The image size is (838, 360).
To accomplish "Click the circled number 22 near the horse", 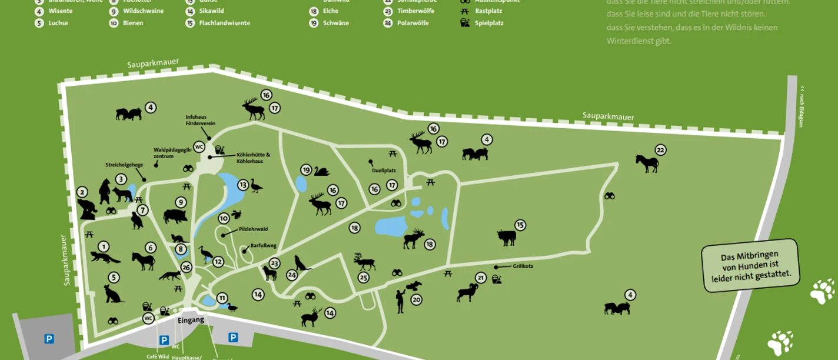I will click(x=660, y=150).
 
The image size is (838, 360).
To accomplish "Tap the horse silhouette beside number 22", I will click(x=647, y=163).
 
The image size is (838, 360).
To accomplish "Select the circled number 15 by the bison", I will click(x=520, y=225).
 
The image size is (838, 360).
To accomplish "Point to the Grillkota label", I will click(x=523, y=266).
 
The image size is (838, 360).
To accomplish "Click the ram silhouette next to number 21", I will click(x=467, y=292).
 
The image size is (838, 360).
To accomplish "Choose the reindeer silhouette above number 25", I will click(x=364, y=261).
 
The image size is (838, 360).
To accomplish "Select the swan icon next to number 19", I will click(x=321, y=171).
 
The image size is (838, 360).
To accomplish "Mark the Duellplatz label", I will click(x=384, y=171).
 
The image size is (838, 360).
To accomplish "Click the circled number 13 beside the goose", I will click(x=243, y=185).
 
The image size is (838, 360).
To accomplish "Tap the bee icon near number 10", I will click(x=237, y=215).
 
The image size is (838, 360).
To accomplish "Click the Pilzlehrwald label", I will click(x=253, y=229).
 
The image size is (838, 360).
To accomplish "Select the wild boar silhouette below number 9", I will click(x=175, y=216).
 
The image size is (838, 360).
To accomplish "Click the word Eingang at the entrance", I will click(x=191, y=320).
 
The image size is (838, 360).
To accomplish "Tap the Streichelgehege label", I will click(x=124, y=165).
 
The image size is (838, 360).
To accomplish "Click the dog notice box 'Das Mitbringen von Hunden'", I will click(x=750, y=265).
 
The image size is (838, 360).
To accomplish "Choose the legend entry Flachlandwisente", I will click(x=224, y=23).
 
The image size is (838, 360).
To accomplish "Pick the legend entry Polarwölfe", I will click(x=413, y=23).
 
